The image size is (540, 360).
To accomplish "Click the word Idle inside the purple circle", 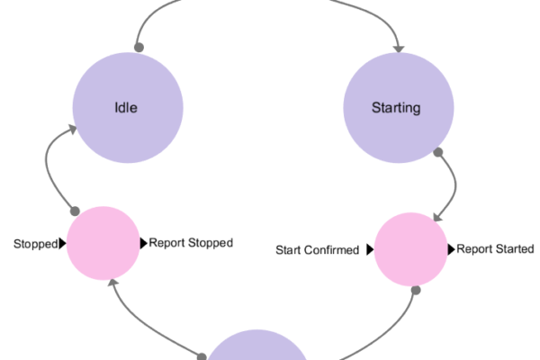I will tap(128, 108).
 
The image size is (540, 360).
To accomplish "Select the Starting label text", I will tap(396, 108).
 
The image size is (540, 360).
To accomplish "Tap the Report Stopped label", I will tap(191, 243).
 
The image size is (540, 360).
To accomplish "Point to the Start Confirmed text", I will tap(317, 250).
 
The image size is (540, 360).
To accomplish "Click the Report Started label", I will tap(495, 249).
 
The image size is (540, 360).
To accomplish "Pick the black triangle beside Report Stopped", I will tap(144, 243).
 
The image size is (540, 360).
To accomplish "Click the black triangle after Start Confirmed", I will tap(370, 250).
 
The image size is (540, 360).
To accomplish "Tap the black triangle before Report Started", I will tap(452, 249).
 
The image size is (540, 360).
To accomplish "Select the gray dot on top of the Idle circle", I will tap(139, 47).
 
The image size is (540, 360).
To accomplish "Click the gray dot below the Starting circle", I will tap(439, 153).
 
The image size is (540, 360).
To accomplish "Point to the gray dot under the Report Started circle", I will tap(416, 290).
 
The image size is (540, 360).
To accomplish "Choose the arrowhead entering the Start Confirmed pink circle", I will tap(436, 218).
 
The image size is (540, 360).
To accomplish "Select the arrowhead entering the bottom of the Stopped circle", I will tap(112, 283).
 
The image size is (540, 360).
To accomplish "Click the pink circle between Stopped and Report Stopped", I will tap(103, 243).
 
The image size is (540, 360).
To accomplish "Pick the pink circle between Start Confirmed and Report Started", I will tap(410, 250).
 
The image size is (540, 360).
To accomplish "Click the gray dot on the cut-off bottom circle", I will tap(202, 355).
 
